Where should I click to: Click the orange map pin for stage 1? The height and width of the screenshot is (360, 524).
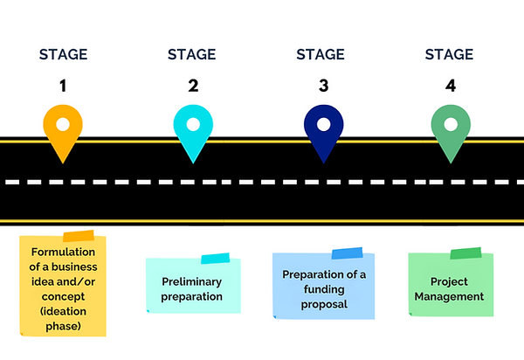click(64, 131)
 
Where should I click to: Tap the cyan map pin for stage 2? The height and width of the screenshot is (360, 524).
click(193, 131)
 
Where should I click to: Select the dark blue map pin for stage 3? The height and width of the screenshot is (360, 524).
click(322, 131)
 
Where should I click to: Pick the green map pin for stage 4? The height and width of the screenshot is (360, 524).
click(452, 131)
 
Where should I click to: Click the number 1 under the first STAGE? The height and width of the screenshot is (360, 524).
click(64, 86)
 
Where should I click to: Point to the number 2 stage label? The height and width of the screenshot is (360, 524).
click(193, 86)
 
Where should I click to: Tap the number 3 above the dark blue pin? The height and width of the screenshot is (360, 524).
click(322, 86)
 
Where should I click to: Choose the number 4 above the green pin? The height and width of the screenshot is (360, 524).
click(452, 86)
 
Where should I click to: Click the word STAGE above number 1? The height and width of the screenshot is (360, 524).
click(64, 54)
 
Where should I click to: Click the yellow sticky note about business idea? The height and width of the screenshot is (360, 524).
click(63, 288)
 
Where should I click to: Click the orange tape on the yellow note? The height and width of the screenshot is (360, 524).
click(79, 237)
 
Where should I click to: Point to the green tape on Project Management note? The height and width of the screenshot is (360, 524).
click(465, 253)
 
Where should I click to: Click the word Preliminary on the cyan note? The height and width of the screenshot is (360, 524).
click(192, 282)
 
